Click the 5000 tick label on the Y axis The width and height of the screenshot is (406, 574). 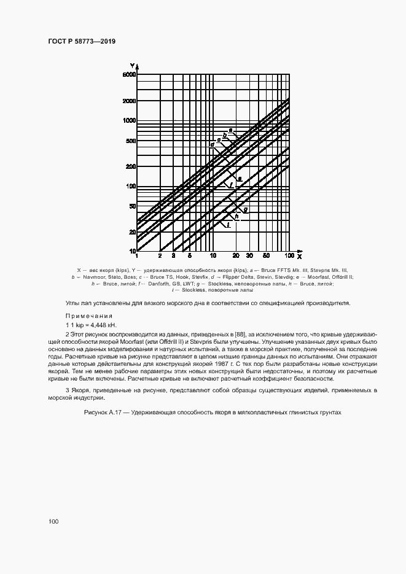tap(128, 75)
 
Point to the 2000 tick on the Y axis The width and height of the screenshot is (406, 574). tap(128, 101)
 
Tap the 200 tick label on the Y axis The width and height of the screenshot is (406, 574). tap(130, 166)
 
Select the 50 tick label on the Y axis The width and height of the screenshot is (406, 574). tap(131, 206)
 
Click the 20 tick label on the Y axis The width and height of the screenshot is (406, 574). tap(131, 231)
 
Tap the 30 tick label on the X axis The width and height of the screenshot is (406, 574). tap(249, 255)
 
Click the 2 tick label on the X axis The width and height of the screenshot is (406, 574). tap(160, 255)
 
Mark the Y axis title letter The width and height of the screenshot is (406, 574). tap(132, 66)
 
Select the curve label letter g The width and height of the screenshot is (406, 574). tap(246, 210)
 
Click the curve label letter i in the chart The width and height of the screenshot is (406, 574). tap(228, 226)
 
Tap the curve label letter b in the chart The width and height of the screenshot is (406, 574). tap(225, 135)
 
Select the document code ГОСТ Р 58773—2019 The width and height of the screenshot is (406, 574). tap(82, 41)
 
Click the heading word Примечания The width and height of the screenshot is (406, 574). tap(85, 316)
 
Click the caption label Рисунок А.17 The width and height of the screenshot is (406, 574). tap(104, 413)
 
